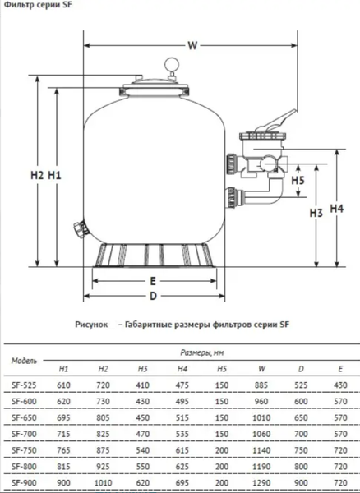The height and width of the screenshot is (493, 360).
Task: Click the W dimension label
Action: click(x=192, y=47)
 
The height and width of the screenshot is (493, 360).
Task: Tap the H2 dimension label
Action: click(x=35, y=174)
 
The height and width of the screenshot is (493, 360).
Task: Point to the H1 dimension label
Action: click(x=55, y=174)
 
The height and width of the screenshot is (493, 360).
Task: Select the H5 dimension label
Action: click(x=298, y=180)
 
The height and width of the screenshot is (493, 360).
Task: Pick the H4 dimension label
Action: click(x=336, y=209)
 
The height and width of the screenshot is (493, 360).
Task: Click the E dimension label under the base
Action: click(x=153, y=280)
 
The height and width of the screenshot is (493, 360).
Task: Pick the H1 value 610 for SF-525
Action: click(x=64, y=385)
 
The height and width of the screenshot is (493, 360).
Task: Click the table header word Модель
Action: click(x=25, y=361)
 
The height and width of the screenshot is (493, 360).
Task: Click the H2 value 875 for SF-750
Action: click(x=104, y=450)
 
